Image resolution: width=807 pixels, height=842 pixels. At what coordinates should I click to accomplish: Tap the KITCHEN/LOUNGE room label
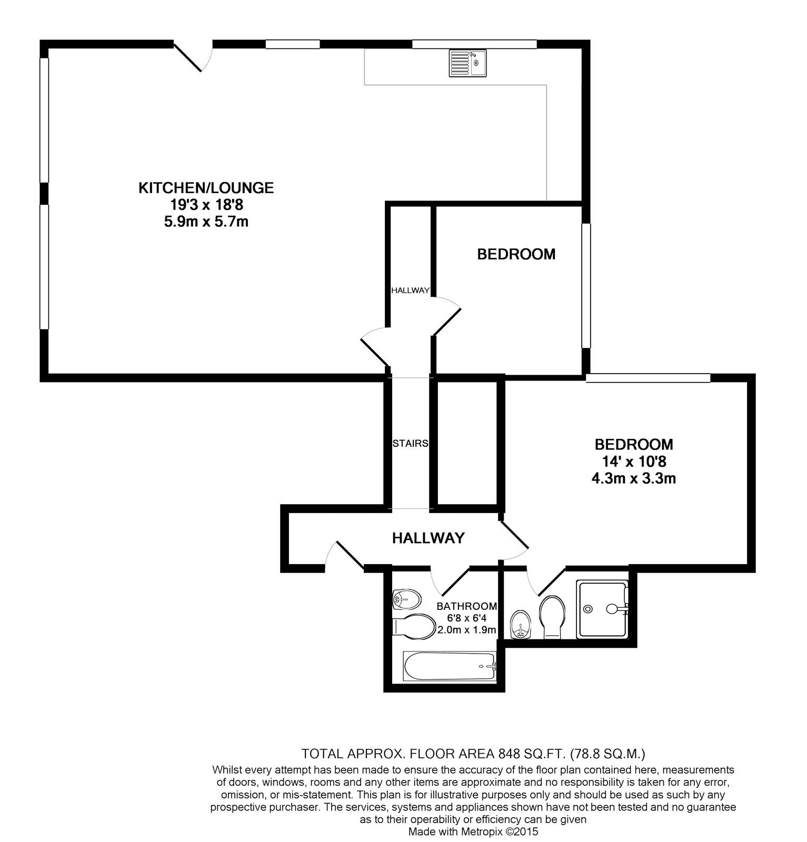[x=206, y=188]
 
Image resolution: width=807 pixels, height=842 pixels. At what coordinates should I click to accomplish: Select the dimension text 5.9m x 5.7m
[x=206, y=222]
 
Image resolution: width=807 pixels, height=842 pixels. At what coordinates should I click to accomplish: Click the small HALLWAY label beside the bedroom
[x=410, y=290]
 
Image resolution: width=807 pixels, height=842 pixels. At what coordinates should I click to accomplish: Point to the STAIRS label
[x=410, y=444]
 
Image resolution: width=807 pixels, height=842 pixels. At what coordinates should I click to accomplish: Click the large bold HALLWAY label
[x=428, y=538]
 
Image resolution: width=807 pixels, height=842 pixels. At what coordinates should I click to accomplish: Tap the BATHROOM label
[x=466, y=606]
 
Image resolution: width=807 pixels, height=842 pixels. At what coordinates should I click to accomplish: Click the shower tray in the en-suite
[x=602, y=609]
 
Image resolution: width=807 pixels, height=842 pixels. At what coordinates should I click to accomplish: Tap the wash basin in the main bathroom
[x=405, y=598]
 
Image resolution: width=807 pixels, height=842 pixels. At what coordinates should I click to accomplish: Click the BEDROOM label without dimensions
[x=516, y=255]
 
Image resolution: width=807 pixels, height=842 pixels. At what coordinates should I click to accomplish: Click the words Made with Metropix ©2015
[x=473, y=832]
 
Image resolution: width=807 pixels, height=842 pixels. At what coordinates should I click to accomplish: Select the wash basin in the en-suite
[x=521, y=625]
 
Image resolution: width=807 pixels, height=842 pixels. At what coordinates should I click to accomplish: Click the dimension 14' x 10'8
[x=633, y=462]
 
